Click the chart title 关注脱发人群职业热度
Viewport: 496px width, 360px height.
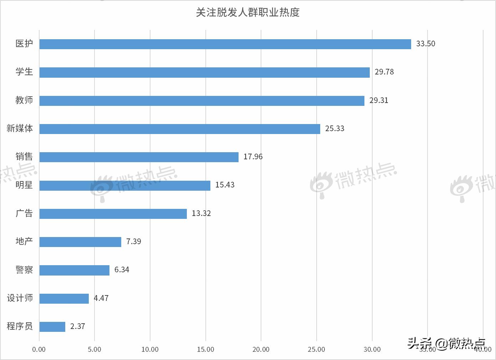pos(248,12)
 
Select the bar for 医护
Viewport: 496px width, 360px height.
pos(225,44)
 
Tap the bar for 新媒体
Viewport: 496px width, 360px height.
pos(180,129)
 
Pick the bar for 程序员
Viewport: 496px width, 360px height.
pos(52,326)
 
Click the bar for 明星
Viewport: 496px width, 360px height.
pos(125,185)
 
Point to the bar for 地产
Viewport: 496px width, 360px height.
pos(80,242)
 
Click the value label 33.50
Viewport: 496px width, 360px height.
pos(425,44)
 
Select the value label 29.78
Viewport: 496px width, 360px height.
pos(384,72)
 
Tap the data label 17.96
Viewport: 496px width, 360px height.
pos(253,157)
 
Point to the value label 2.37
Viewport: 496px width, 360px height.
pos(77,326)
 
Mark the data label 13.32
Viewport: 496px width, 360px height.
pos(201,214)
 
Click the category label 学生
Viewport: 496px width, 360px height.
pos(24,72)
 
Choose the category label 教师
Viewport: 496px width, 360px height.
pos(24,100)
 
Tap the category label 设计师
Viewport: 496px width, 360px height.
pos(20,298)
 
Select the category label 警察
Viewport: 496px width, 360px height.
pos(24,270)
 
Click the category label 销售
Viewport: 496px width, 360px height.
pos(24,157)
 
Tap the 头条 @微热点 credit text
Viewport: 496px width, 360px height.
pos(446,343)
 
